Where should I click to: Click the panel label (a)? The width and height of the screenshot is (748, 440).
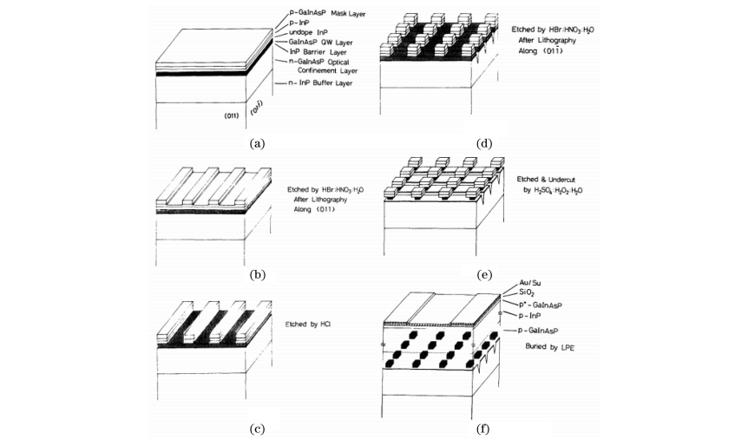pyautogui.click(x=256, y=143)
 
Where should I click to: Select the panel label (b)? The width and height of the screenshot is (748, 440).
pyautogui.click(x=256, y=275)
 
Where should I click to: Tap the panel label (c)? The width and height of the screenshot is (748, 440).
pyautogui.click(x=256, y=427)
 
